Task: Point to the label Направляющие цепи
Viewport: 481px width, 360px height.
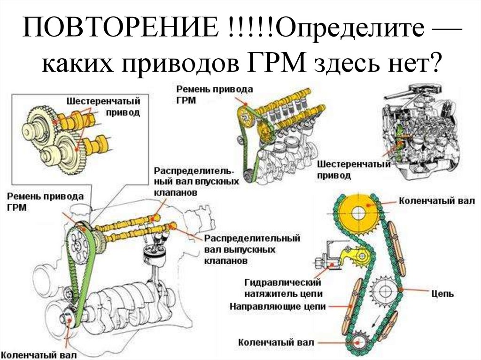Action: (276, 306)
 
